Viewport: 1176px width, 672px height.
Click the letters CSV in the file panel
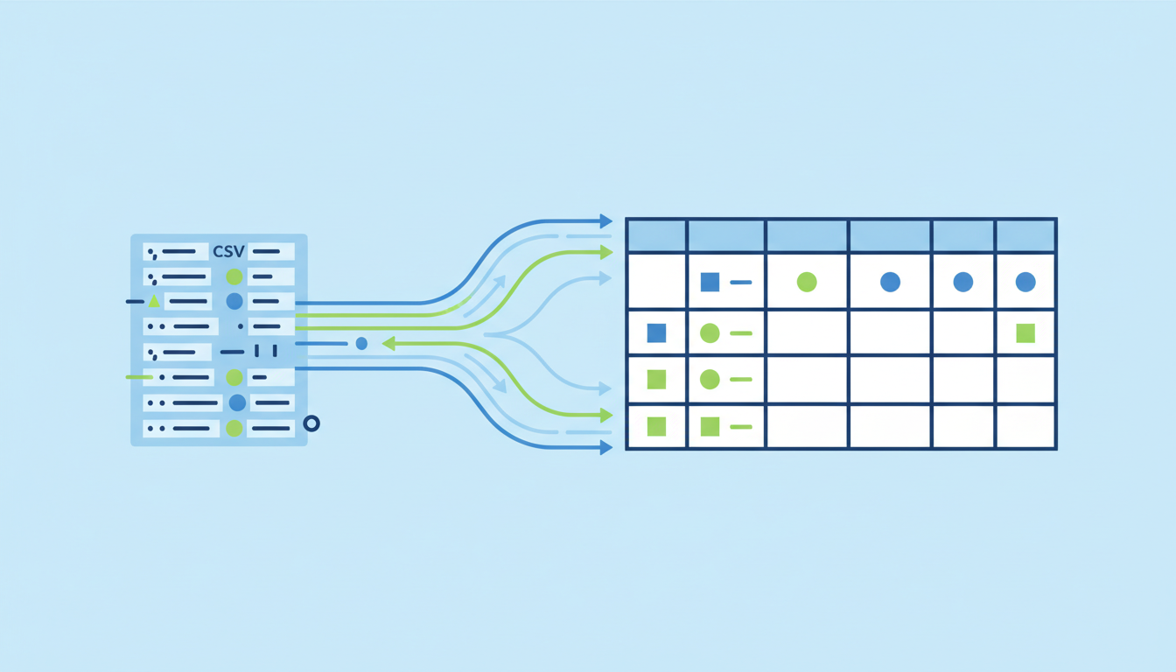pos(228,251)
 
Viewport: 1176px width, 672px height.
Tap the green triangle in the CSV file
pos(154,301)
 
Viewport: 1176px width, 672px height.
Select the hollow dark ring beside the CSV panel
pos(311,423)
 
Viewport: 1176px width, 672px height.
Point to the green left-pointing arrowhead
pos(388,344)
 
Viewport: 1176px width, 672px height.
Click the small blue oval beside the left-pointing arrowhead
pos(361,344)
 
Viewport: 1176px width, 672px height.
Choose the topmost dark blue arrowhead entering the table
pos(605,221)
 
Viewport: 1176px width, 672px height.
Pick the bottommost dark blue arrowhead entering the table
pos(605,448)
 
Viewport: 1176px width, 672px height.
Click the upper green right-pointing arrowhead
pos(606,253)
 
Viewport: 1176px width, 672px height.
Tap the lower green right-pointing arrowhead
pos(606,416)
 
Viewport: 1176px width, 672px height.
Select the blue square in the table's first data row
pos(710,282)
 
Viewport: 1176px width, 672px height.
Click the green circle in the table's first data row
pos(807,282)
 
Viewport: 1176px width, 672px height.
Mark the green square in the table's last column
pos(1025,332)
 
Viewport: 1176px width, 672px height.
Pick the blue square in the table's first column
pos(656,332)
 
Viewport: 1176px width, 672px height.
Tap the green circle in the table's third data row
pos(710,379)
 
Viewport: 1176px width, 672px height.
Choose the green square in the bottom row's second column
pos(710,426)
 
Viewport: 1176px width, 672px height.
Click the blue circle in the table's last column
pos(1025,282)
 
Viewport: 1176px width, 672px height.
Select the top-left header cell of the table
pos(657,236)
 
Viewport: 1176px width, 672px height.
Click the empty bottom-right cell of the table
pos(1025,426)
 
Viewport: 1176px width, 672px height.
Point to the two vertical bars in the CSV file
pos(266,351)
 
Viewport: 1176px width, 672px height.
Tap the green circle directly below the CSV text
pos(234,276)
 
